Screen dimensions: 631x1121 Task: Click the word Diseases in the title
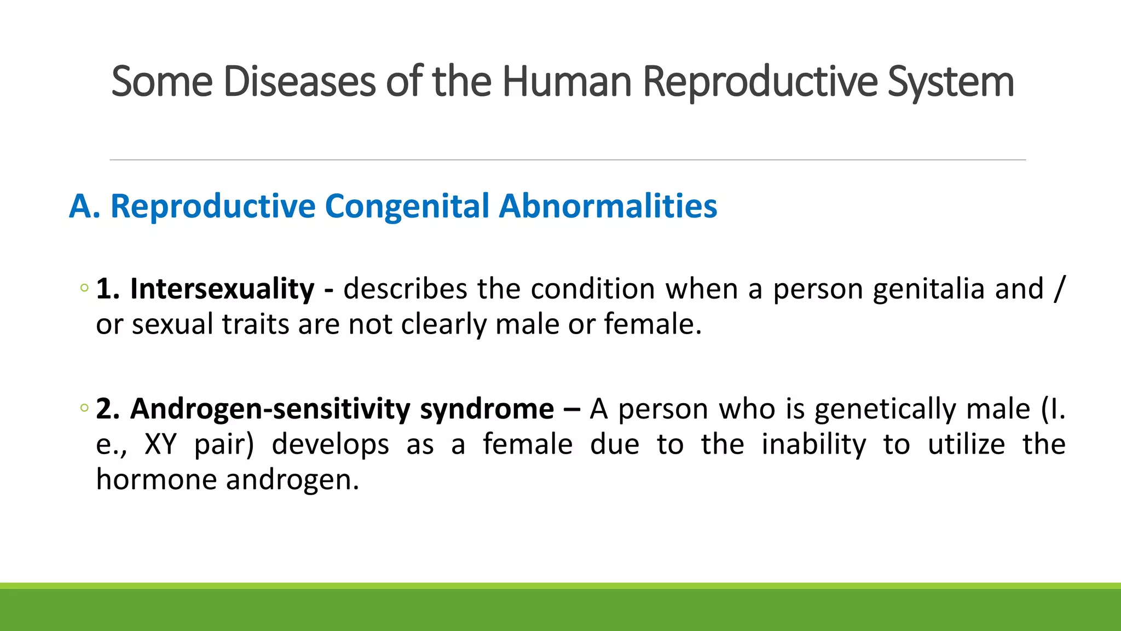coord(299,82)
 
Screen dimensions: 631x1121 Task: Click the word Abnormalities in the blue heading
coord(608,206)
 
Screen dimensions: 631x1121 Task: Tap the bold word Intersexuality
coord(222,289)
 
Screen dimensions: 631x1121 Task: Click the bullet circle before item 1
coord(84,288)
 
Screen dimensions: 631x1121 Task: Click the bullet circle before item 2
coord(84,408)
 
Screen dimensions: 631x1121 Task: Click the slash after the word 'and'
coord(1060,289)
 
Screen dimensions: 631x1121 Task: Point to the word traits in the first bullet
coord(255,324)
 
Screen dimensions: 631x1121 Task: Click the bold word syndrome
coord(487,409)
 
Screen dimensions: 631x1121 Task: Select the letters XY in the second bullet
coord(160,444)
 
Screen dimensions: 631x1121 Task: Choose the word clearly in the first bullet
coord(443,324)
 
